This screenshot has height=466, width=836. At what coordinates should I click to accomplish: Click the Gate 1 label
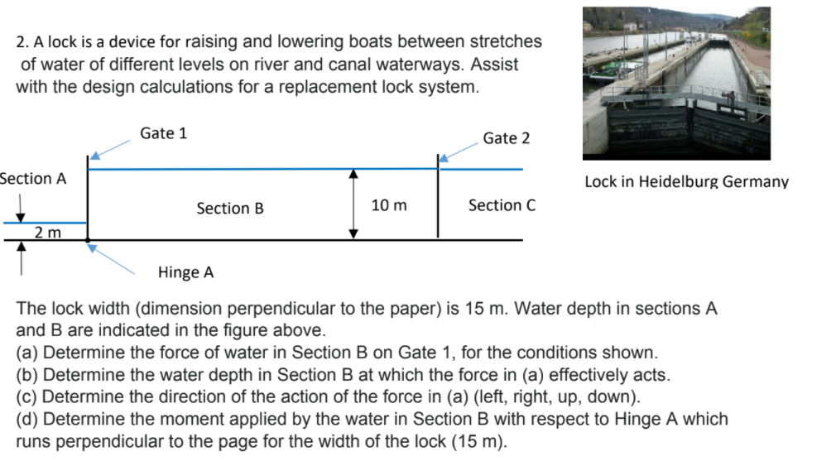[x=163, y=133]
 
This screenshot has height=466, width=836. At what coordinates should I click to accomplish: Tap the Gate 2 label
[x=506, y=138]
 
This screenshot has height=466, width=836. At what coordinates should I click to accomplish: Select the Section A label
[x=33, y=179]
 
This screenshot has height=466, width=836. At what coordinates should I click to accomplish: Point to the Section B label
[x=230, y=209]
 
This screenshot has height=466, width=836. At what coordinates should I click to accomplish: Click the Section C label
[x=502, y=205]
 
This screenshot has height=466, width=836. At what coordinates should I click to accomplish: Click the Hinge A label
[x=185, y=272]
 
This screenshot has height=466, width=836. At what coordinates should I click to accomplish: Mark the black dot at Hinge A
[x=89, y=241]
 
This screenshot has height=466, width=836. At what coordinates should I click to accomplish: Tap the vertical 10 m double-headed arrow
[x=353, y=204]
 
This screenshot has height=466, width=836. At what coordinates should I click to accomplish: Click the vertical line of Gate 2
[x=438, y=199]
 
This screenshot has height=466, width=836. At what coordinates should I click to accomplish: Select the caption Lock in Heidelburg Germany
[x=686, y=182]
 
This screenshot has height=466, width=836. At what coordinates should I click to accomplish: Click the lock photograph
[x=676, y=83]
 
